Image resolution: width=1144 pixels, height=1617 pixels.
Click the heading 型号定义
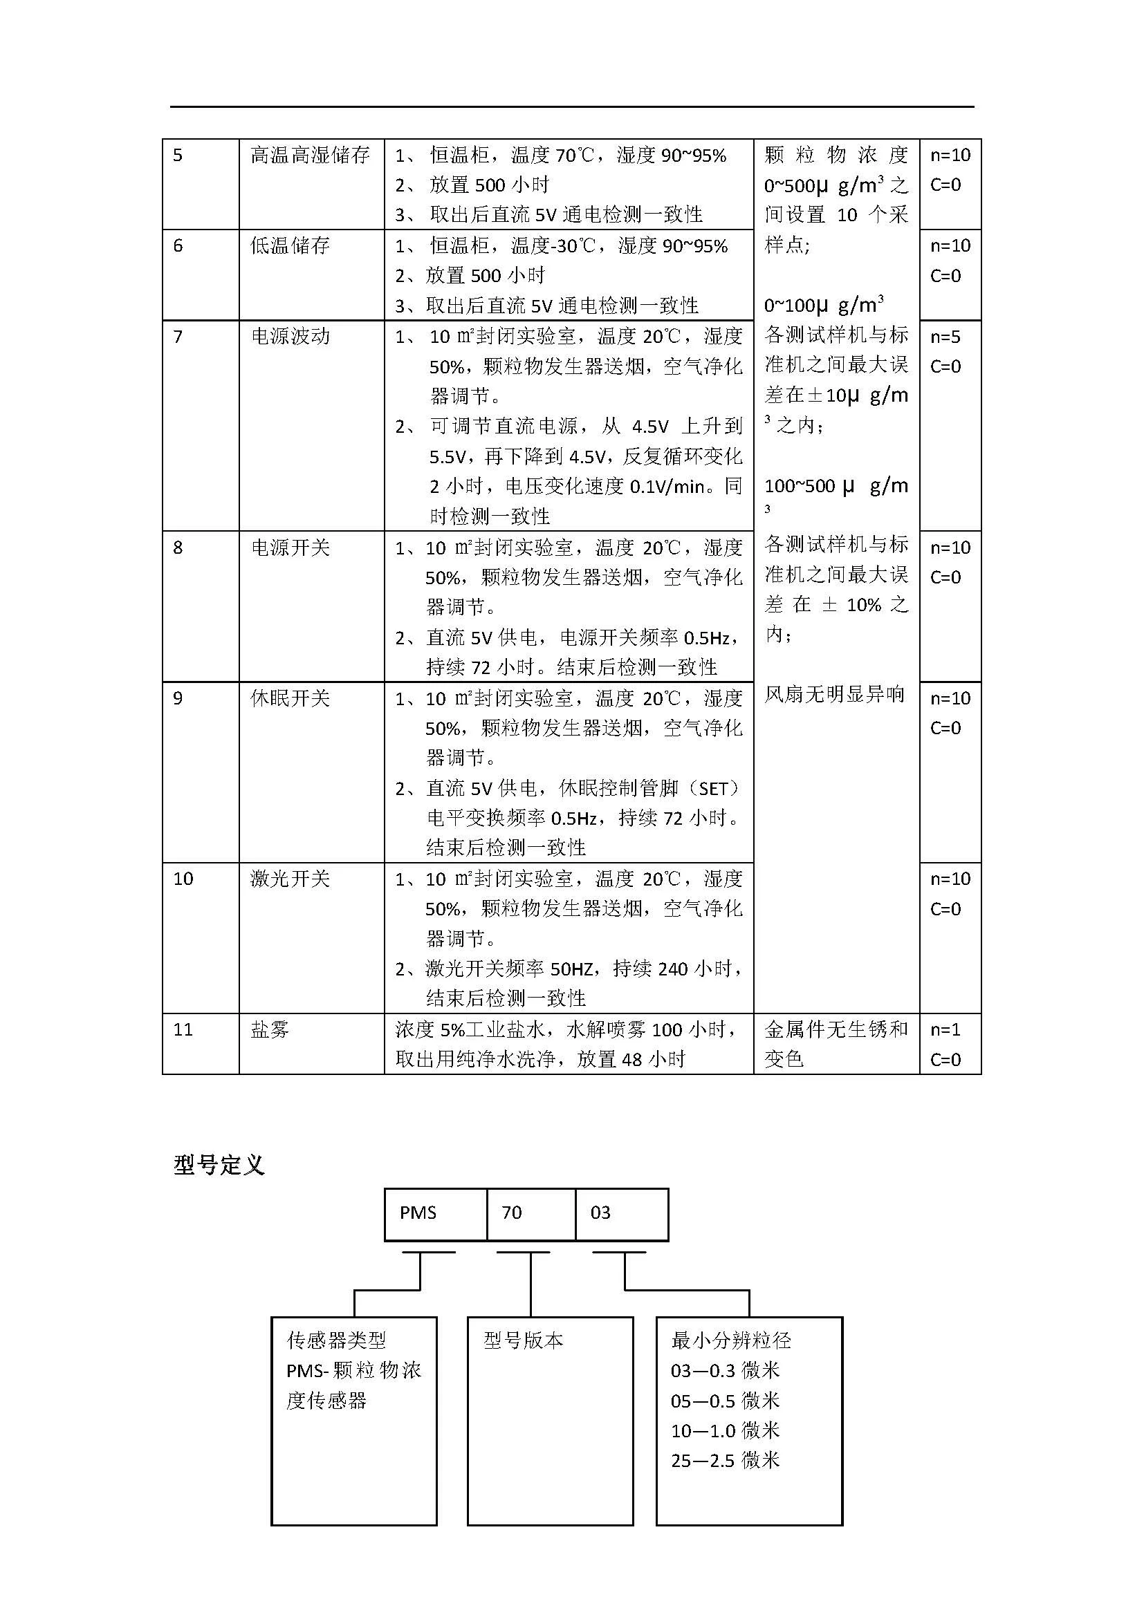pyautogui.click(x=219, y=1165)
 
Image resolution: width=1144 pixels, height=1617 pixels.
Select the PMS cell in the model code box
pyautogui.click(x=418, y=1212)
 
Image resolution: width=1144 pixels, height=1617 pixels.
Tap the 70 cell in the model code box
pyautogui.click(x=511, y=1212)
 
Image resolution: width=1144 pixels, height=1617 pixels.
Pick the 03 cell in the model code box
pyautogui.click(x=600, y=1212)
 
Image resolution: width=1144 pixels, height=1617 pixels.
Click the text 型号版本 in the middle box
pyautogui.click(x=524, y=1340)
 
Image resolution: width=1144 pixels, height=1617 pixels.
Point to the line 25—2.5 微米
pyautogui.click(x=726, y=1460)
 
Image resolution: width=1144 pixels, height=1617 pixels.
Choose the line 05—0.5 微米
pyautogui.click(x=726, y=1400)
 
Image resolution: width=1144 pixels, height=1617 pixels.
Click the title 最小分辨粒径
pyautogui.click(x=731, y=1340)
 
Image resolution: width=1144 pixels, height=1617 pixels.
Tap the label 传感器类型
pyautogui.click(x=337, y=1340)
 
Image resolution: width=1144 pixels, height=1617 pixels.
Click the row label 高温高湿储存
pyautogui.click(x=310, y=155)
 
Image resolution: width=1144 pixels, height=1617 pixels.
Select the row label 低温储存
pyautogui.click(x=290, y=246)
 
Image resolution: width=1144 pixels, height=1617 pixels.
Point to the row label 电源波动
pyautogui.click(x=290, y=336)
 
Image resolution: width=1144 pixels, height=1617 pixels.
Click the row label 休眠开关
pyautogui.click(x=290, y=698)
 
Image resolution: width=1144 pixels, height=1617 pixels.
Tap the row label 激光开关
pyautogui.click(x=290, y=878)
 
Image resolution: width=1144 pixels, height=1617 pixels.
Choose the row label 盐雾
pyautogui.click(x=270, y=1029)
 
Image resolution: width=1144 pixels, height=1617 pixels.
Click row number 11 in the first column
pyautogui.click(x=183, y=1029)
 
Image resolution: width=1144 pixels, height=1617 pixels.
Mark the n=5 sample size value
pyautogui.click(x=945, y=337)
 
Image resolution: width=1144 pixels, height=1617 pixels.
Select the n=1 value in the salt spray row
pyautogui.click(x=945, y=1029)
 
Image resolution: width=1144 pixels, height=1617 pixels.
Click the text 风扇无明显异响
pyautogui.click(x=835, y=694)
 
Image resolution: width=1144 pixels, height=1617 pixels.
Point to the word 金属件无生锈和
pyautogui.click(x=836, y=1029)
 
